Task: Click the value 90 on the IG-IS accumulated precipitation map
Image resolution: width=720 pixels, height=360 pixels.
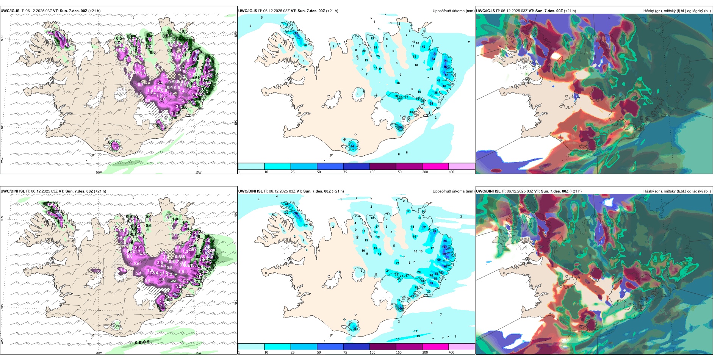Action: click(446, 67)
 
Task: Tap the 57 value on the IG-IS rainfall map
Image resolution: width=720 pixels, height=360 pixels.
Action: click(401, 128)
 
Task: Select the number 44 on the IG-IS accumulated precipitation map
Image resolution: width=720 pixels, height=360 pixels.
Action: click(352, 146)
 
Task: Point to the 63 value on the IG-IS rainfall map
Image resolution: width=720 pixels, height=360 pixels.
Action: click(296, 33)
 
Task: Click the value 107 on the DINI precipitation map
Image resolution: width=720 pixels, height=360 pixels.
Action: click(445, 247)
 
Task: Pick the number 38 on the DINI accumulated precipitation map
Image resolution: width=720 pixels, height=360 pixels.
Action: click(355, 329)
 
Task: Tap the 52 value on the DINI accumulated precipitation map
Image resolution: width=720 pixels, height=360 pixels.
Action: click(424, 227)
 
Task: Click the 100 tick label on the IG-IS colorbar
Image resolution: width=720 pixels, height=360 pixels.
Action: click(373, 172)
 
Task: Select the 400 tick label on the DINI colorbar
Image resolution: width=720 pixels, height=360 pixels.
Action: click(451, 352)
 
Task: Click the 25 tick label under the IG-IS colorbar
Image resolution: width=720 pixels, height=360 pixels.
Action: click(293, 172)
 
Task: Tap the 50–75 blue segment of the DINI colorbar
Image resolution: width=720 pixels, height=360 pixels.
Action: click(330, 347)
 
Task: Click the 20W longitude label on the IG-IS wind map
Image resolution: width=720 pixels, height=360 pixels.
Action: click(99, 172)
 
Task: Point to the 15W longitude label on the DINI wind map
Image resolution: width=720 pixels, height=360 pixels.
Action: click(198, 353)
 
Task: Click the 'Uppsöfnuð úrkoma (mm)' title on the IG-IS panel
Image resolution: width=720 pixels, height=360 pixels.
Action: click(453, 11)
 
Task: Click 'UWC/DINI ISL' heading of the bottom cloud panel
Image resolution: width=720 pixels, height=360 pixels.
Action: click(488, 191)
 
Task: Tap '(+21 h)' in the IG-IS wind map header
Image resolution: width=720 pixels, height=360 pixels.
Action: click(94, 11)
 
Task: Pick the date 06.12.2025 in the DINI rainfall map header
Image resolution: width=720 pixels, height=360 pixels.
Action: click(279, 191)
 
